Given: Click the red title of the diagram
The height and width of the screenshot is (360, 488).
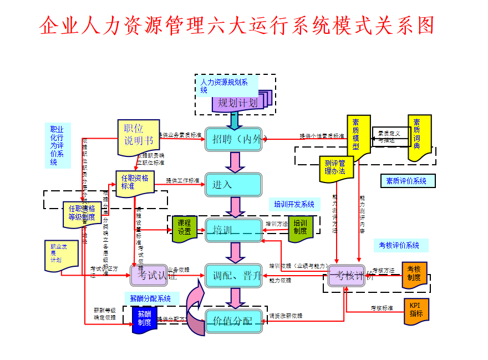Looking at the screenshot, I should tap(237, 26).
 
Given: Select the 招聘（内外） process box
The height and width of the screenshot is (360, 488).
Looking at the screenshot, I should tap(233, 139).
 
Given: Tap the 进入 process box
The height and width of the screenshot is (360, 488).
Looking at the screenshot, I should tap(233, 185).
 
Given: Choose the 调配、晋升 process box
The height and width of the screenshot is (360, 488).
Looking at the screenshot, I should tap(233, 276).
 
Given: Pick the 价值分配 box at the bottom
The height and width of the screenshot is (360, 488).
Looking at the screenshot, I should tap(233, 321).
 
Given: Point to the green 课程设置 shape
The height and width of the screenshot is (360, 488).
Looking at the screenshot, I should tap(184, 227).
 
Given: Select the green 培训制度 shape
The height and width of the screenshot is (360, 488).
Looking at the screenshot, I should tap(301, 227).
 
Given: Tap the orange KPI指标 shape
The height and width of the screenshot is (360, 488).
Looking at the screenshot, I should tap(416, 311).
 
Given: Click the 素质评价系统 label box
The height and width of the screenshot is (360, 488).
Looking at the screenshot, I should tap(407, 181).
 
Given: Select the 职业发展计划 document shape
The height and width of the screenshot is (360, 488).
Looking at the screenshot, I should tap(62, 256).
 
